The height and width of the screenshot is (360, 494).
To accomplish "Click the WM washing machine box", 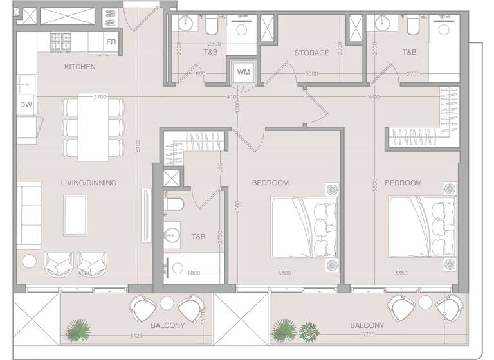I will [242, 71].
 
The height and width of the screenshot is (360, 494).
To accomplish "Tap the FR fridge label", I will [111, 42].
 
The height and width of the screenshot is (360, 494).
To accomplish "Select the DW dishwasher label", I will [26, 104].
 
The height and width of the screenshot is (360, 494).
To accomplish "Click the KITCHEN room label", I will [80, 66].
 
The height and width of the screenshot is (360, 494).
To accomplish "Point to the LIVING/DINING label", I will [89, 183].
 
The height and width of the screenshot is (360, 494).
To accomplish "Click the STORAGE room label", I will [312, 53].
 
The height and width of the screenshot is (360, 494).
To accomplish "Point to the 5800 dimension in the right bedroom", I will [374, 183].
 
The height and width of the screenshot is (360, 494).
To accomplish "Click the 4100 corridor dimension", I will [233, 97].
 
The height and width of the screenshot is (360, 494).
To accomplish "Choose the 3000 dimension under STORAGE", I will [311, 74].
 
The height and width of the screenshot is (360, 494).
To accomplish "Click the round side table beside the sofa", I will [30, 261].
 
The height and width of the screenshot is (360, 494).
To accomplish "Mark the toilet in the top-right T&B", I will [413, 26].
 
